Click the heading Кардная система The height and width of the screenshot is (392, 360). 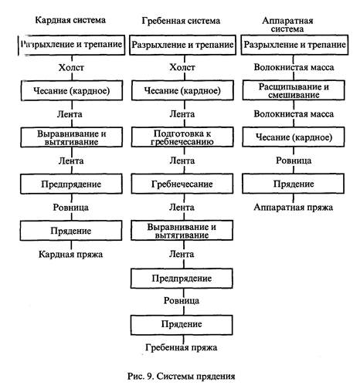pyautogui.click(x=70, y=20)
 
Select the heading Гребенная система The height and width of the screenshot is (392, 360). pyautogui.click(x=181, y=21)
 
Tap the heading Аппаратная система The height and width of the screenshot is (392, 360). pyautogui.click(x=287, y=25)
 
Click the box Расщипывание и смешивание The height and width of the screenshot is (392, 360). pyautogui.click(x=294, y=90)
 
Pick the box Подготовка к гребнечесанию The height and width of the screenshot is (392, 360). pyautogui.click(x=182, y=137)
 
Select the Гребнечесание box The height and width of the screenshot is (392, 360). pyautogui.click(x=182, y=184)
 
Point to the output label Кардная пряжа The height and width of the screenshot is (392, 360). pyautogui.click(x=70, y=255)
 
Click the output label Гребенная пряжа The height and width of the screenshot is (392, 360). pyautogui.click(x=182, y=347)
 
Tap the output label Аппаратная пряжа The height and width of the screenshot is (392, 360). pyautogui.click(x=294, y=208)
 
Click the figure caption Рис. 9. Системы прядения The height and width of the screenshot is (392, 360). pyautogui.click(x=181, y=377)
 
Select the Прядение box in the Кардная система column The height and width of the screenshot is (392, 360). pyautogui.click(x=71, y=231)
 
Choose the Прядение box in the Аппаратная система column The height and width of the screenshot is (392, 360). pyautogui.click(x=294, y=184)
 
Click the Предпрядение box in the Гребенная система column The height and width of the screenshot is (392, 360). pyautogui.click(x=182, y=279)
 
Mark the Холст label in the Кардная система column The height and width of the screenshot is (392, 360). pyautogui.click(x=71, y=68)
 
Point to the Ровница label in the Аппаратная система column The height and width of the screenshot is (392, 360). pyautogui.click(x=294, y=161)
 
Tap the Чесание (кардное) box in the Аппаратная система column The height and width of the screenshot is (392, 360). pyautogui.click(x=294, y=137)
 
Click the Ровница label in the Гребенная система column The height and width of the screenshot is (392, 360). pyautogui.click(x=182, y=301)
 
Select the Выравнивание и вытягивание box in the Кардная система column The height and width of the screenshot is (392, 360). pyautogui.click(x=72, y=137)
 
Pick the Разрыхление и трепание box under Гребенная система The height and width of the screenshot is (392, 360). pyautogui.click(x=182, y=45)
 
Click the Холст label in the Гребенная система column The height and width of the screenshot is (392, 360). pyautogui.click(x=182, y=67)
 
